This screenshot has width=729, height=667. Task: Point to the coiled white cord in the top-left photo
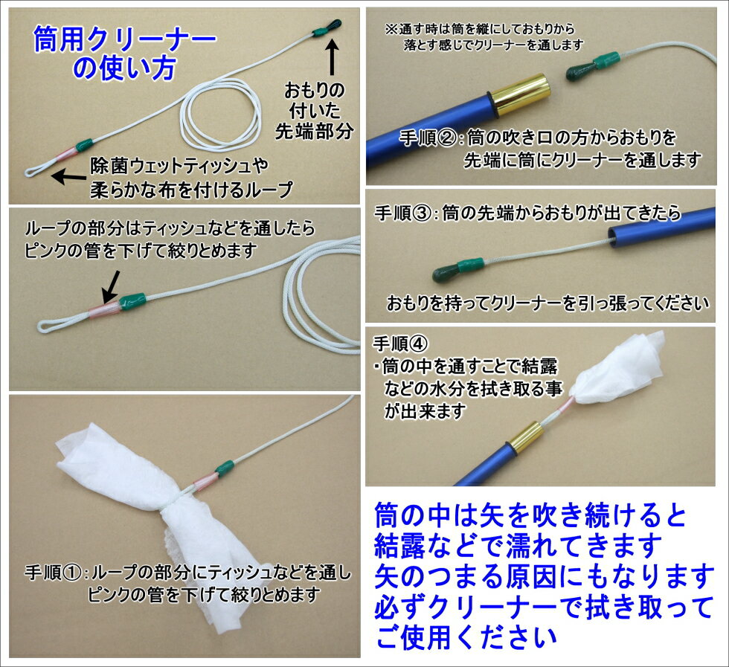pyautogui.click(x=223, y=112)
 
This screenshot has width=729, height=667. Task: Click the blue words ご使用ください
pyautogui.click(x=466, y=637)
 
